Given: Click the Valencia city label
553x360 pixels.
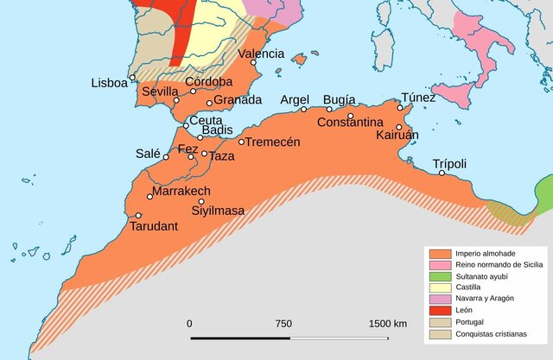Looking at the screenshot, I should [261, 54].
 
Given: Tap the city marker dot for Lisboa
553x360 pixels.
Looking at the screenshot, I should [132, 78].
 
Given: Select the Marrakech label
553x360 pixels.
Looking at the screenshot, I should [181, 191].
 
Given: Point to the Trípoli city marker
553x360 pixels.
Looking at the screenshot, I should [442, 174].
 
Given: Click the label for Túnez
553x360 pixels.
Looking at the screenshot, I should [418, 98].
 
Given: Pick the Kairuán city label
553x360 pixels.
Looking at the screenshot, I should [397, 136].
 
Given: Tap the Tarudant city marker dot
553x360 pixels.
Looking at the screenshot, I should [138, 216].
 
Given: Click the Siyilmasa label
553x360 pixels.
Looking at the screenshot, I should [218, 210].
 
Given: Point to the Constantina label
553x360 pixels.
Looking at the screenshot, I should [350, 123].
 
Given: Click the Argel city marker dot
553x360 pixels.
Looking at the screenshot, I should [303, 110].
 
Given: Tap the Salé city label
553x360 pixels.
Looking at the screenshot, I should [148, 154].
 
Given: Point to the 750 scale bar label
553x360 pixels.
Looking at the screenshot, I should [283, 323].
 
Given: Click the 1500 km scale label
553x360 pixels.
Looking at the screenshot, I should [387, 323].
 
